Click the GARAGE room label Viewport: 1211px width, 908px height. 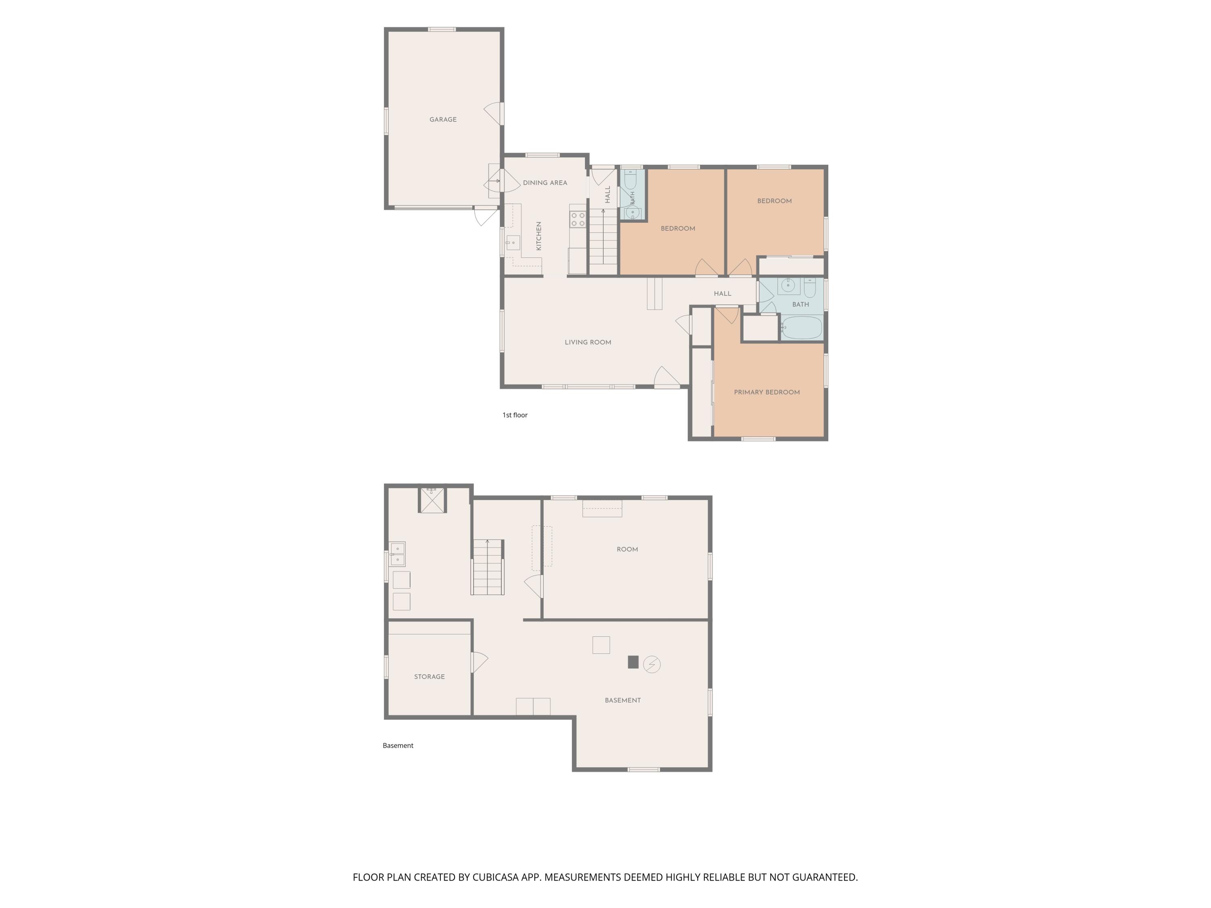443,119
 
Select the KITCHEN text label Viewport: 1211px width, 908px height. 539,236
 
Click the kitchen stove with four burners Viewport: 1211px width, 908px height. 578,220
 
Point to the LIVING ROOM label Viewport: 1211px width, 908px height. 588,343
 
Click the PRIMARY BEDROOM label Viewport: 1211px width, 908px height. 767,392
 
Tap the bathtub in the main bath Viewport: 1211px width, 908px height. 802,328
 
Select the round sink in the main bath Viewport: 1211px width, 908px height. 788,285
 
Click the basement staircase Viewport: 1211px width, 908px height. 487,567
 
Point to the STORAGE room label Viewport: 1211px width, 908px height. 429,677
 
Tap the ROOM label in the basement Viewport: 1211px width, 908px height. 627,550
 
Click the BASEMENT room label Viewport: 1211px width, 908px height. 622,701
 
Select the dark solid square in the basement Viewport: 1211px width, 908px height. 633,662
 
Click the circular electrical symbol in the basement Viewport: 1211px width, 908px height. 652,664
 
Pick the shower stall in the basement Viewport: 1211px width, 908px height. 432,500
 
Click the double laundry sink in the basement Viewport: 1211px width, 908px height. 397,554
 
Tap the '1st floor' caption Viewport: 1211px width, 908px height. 515,415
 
